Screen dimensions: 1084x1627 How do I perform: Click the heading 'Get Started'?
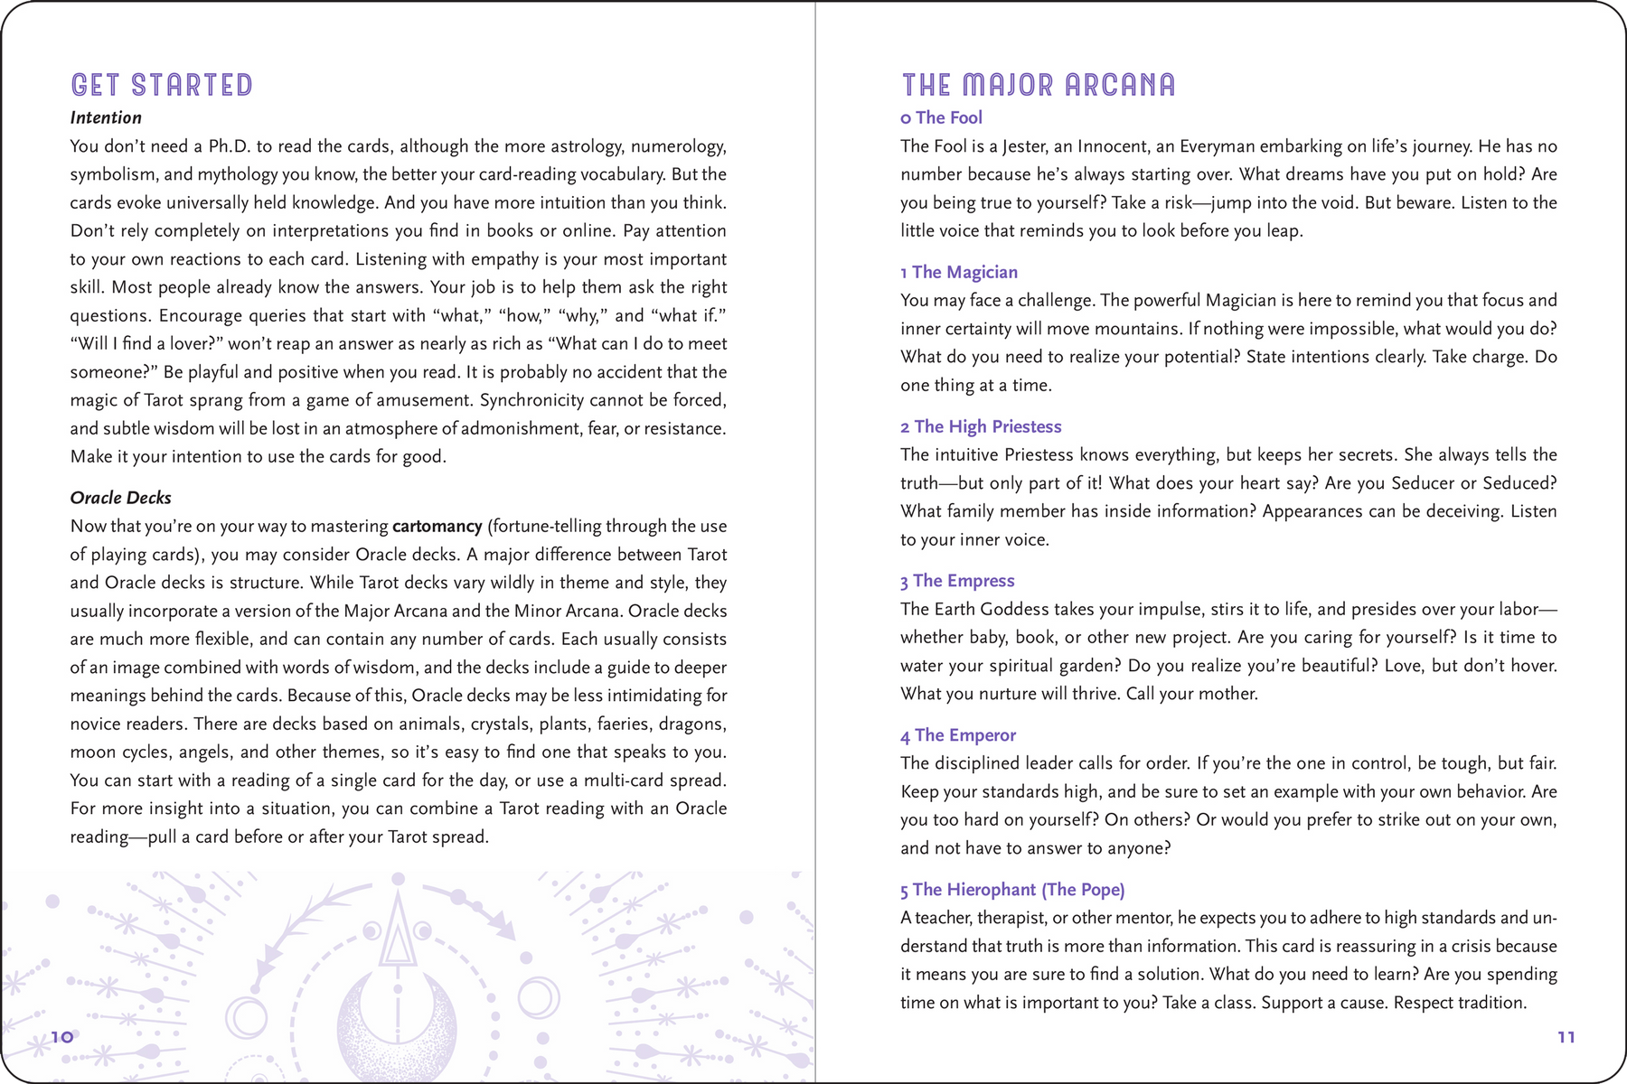[x=162, y=85]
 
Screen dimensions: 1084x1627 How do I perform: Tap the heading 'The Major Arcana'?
[x=1039, y=85]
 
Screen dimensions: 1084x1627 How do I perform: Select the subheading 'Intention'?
[x=106, y=117]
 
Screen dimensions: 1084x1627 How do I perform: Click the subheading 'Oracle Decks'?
[x=120, y=498]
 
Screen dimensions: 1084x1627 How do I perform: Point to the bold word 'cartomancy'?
[x=437, y=526]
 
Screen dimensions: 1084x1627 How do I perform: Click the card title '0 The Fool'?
[x=941, y=117]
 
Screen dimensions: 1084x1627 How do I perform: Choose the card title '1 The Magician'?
[x=959, y=272]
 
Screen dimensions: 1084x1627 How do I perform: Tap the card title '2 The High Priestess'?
[x=981, y=426]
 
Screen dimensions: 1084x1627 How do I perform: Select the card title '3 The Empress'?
[x=957, y=581]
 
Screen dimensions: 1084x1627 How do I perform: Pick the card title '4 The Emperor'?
[x=958, y=735]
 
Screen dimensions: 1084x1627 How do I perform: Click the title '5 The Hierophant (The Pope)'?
[x=1012, y=890]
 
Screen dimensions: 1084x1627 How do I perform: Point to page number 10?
[x=61, y=1037]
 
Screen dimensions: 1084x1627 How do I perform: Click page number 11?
[x=1566, y=1037]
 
